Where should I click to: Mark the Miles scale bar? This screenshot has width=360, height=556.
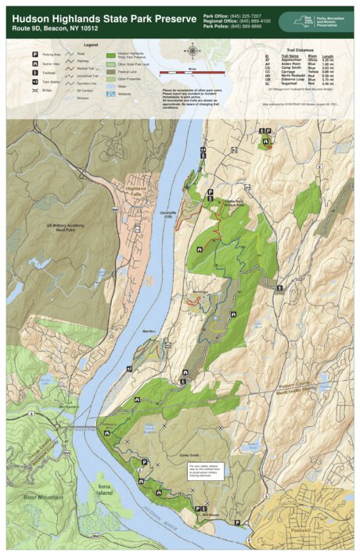[x=192, y=71]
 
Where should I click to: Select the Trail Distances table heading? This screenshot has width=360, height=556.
[x=300, y=49]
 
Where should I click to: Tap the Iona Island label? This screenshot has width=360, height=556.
[x=105, y=491]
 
